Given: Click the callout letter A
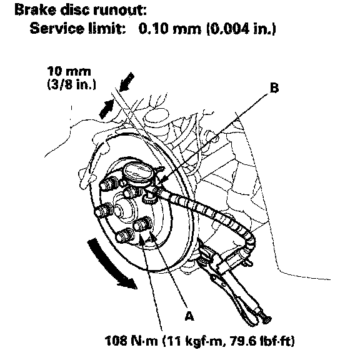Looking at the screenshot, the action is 189,316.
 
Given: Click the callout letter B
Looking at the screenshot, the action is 274,87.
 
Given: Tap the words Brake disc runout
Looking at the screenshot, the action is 81,11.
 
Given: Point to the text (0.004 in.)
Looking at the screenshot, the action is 241,29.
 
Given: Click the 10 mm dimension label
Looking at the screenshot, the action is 69,71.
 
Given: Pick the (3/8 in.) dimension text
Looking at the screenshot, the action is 71,84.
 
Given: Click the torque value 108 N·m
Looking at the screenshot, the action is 131,341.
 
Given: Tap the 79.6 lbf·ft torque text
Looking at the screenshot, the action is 261,341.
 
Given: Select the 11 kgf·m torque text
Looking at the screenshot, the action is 194,341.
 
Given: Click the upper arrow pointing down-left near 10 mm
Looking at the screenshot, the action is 126,81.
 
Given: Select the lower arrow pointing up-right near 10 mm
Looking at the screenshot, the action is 106,109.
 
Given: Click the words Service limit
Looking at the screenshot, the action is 78,29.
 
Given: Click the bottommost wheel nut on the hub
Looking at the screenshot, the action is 124,236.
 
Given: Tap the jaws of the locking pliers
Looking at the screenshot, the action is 208,254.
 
